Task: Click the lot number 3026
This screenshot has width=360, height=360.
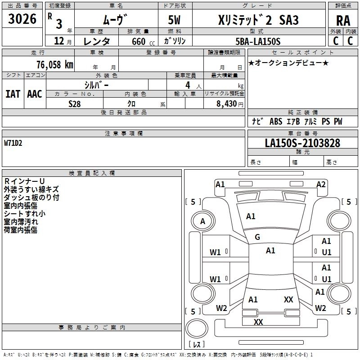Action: point(22,19)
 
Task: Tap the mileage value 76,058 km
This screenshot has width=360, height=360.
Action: point(54,64)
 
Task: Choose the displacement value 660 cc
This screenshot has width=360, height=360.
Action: point(136,41)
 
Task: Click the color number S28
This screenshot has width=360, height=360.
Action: point(75,103)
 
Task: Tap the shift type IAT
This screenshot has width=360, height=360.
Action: point(13,94)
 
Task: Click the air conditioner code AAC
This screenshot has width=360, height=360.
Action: point(34,94)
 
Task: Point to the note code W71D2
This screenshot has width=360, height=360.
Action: point(13,144)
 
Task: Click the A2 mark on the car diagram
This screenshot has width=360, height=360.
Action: point(321,184)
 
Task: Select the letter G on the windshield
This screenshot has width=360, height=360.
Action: point(257,237)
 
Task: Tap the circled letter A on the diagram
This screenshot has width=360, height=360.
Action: point(202,221)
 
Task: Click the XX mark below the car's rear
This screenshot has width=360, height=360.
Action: point(258,322)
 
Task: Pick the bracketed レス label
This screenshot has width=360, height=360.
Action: point(196,345)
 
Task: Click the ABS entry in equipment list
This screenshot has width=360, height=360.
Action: point(275,121)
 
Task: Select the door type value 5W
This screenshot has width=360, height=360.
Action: point(175,20)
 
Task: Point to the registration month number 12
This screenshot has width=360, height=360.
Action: point(58,41)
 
